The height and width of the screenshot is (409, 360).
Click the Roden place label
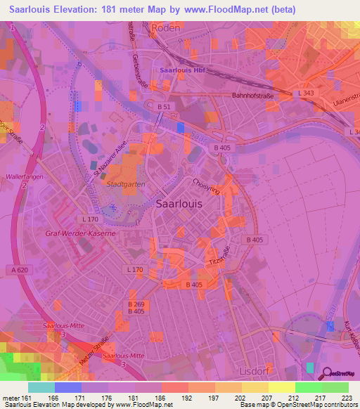click(x=166, y=29)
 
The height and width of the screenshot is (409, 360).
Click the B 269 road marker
click(x=136, y=303)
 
